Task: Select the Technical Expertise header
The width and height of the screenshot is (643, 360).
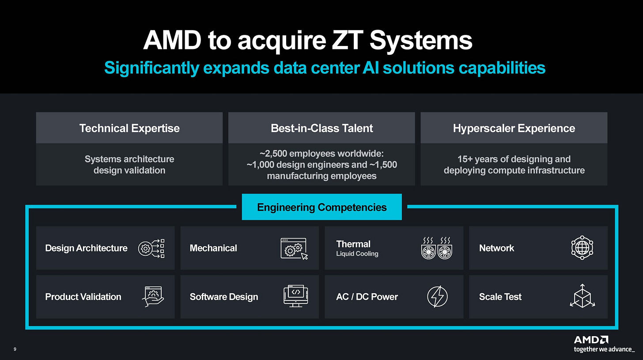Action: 129,128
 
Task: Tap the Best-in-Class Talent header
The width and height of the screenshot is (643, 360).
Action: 321,128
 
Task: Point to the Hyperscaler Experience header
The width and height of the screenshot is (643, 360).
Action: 514,128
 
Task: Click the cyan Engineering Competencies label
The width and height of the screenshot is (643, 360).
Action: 321,207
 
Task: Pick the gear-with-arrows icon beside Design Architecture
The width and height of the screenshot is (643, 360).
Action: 151,248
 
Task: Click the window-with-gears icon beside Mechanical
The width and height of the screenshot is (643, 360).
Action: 294,248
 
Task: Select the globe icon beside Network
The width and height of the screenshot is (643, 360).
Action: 582,248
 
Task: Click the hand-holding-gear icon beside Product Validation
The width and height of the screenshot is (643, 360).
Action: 153,297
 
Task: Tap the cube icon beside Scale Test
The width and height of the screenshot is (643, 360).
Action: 582,296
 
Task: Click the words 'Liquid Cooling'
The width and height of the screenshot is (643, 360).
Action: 357,254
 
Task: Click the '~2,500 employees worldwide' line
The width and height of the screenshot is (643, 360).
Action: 321,154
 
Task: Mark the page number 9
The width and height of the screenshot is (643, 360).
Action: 15,350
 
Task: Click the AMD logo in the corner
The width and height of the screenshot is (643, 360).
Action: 591,340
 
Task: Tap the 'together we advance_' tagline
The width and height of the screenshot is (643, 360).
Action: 604,350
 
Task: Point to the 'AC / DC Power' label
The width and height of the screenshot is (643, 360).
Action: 367,297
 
